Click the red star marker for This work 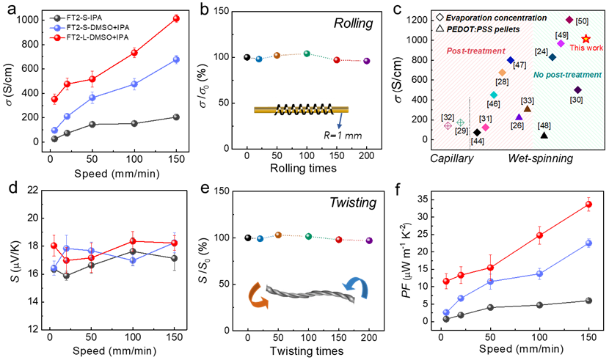tap(586, 39)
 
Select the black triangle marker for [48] tap(544, 135)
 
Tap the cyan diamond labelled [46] tap(494, 95)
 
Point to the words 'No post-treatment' tap(567, 75)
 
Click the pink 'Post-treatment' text tap(475, 51)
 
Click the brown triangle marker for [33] tap(528, 109)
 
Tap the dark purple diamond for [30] tap(577, 89)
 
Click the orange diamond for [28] tap(503, 73)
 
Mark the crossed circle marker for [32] tap(448, 125)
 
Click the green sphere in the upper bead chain tap(307, 54)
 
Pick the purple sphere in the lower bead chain tap(369, 240)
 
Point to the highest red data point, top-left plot tap(176, 18)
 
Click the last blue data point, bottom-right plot tap(588, 243)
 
